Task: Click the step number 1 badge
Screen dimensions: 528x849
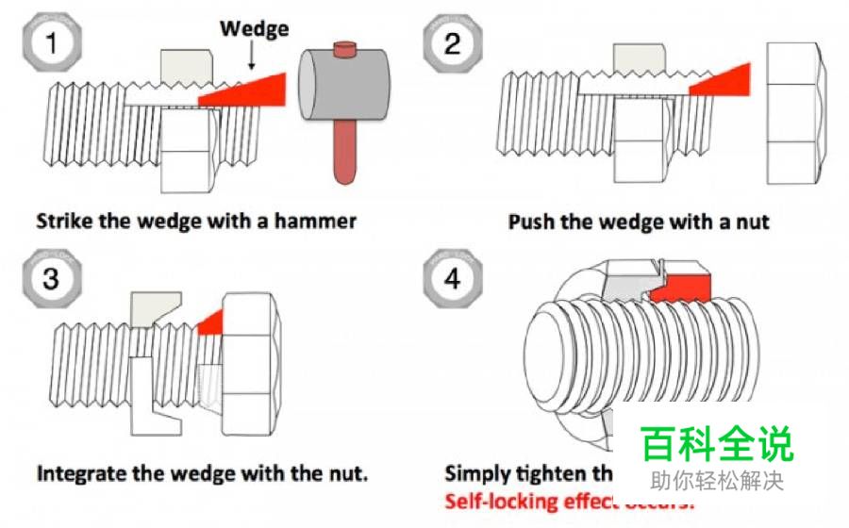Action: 53,43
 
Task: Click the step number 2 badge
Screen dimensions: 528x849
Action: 453,43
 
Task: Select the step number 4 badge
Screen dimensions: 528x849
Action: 453,280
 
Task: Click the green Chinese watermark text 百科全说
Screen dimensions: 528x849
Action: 717,443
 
